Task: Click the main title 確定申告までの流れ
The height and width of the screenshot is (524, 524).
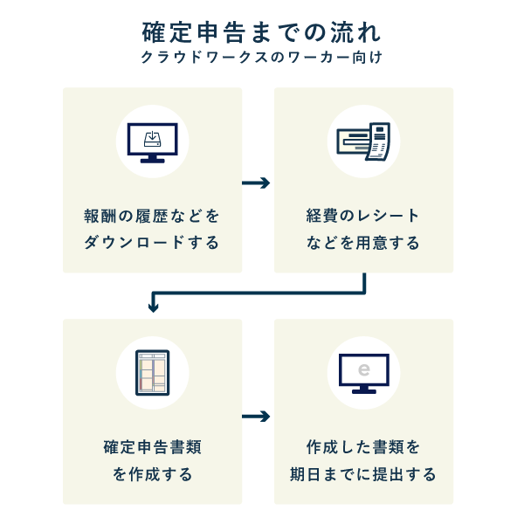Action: pos(261,32)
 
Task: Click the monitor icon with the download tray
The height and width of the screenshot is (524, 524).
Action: pos(153,142)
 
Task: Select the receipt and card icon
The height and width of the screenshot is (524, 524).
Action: pos(363,141)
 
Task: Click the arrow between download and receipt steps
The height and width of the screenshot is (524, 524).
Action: pos(256,183)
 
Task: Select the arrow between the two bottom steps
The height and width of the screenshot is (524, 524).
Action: pos(256,416)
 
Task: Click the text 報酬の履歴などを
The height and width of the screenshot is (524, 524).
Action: pos(153,216)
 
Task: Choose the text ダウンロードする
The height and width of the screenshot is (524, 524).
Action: pos(153,242)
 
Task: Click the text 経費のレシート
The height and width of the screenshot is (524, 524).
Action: pos(363,216)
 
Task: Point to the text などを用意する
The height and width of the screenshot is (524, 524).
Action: pos(363,242)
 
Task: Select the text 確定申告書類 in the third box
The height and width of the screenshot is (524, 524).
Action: pos(153,447)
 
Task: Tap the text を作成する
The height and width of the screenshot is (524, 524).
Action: pos(153,474)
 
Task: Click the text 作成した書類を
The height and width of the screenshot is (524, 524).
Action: pos(363,447)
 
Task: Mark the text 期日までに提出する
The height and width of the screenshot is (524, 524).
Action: pos(363,474)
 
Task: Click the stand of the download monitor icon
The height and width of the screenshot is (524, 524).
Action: pos(153,158)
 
